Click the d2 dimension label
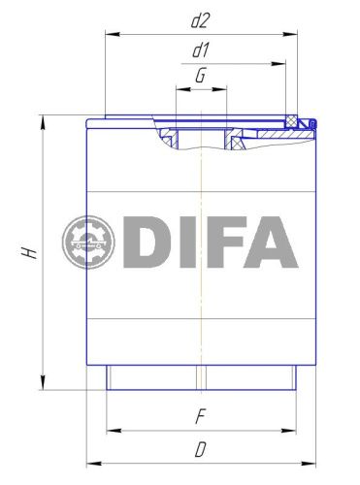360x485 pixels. point(201,20)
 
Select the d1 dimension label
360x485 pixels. point(201,49)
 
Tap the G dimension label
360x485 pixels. point(200,76)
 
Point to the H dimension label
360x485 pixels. point(30,252)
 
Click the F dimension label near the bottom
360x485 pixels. point(199,416)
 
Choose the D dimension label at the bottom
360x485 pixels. point(200,449)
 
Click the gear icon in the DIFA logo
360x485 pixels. point(88,243)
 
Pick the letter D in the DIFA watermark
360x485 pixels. point(148,242)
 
